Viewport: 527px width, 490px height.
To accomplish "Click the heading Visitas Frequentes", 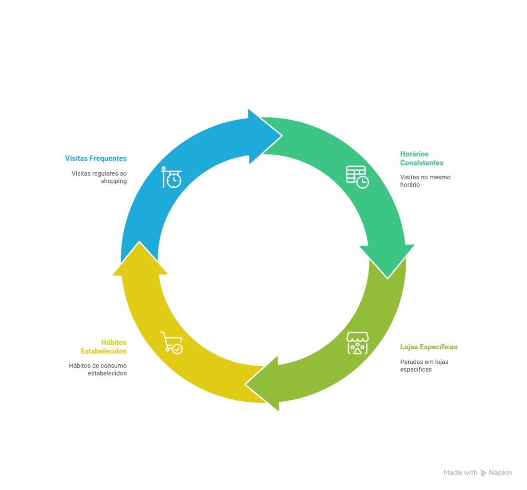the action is pyautogui.click(x=96, y=159).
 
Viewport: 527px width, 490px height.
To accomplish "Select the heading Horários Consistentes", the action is pyautogui.click(x=421, y=159).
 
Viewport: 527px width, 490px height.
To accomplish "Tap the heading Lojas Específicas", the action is pyautogui.click(x=429, y=347).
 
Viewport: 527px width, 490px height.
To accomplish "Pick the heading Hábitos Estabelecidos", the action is pyautogui.click(x=103, y=347).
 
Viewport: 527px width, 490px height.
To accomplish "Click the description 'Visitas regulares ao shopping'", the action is pyautogui.click(x=99, y=177).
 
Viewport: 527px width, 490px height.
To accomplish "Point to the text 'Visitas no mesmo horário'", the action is pyautogui.click(x=425, y=181).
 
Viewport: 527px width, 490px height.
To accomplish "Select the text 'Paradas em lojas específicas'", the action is pyautogui.click(x=424, y=366).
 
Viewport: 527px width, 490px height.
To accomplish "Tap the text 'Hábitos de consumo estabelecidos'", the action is pyautogui.click(x=98, y=369).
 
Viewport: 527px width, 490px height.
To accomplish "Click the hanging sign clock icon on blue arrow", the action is pyautogui.click(x=171, y=177).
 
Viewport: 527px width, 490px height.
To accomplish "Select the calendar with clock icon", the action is pyautogui.click(x=357, y=177).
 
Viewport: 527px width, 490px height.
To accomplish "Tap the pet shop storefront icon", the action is pyautogui.click(x=358, y=343).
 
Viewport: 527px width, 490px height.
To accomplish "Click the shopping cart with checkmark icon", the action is pyautogui.click(x=171, y=343).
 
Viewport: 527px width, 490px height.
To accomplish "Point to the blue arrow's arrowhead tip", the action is pyautogui.click(x=282, y=136).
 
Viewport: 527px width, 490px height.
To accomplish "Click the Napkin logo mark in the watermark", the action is pyautogui.click(x=483, y=473).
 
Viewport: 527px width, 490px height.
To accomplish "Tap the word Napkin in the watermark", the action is pyautogui.click(x=500, y=473).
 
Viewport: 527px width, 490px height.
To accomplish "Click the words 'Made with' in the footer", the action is pyautogui.click(x=461, y=473).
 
